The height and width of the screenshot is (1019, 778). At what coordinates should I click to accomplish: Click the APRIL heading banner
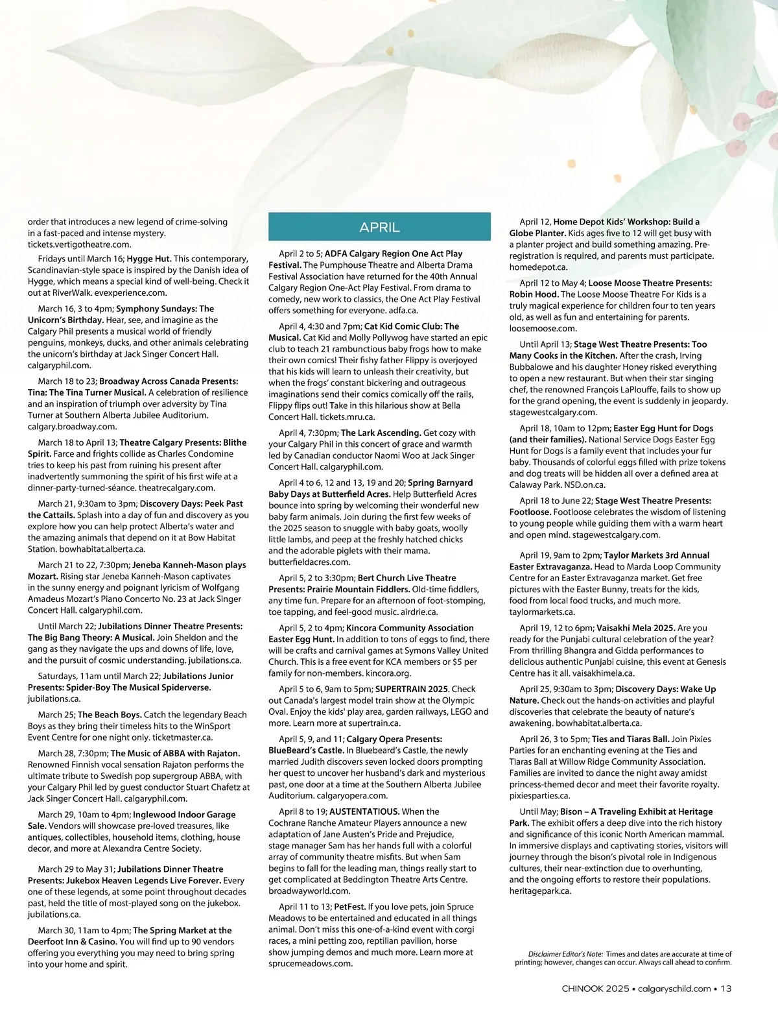click(x=379, y=227)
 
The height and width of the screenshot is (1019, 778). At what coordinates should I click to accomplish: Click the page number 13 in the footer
click(x=726, y=989)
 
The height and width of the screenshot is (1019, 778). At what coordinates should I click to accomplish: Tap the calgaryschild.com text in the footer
click(x=674, y=989)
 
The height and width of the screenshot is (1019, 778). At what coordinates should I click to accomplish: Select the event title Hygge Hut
click(x=148, y=259)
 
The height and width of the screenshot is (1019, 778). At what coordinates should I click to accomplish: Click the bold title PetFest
click(x=349, y=907)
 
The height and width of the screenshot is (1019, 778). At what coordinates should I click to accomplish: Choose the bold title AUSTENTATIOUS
click(x=364, y=811)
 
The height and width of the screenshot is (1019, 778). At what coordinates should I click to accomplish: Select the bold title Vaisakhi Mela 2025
click(x=635, y=628)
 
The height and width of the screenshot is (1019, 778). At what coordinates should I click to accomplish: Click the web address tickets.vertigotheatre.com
click(x=79, y=245)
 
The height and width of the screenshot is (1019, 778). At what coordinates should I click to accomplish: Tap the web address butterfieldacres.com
click(x=309, y=562)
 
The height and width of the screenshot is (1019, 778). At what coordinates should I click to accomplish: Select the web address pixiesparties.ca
click(x=539, y=796)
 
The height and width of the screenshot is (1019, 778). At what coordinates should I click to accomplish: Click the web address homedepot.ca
click(x=538, y=267)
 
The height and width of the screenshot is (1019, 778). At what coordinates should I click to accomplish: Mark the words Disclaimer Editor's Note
click(x=565, y=954)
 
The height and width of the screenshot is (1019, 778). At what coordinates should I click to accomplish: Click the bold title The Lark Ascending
click(x=381, y=433)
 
